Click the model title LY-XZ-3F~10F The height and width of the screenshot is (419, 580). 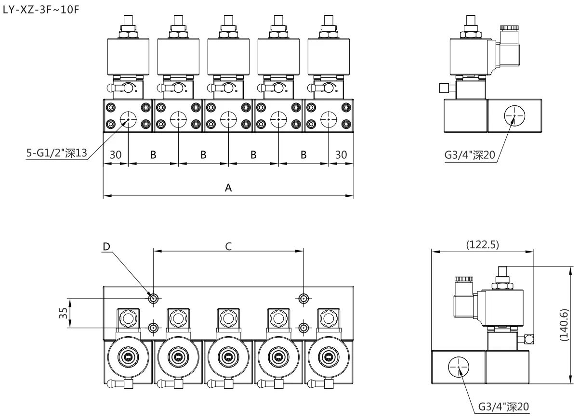point(41,10)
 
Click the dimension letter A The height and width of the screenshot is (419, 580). point(228,188)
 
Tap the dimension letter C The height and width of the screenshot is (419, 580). point(228,246)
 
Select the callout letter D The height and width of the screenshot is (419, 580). point(106,246)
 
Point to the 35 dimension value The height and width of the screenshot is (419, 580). point(64,313)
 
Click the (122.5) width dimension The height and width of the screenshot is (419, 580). point(482,245)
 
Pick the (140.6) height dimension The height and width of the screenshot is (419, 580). point(565,325)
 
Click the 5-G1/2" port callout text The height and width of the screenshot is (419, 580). point(56,153)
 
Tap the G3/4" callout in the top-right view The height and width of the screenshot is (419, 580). point(470,155)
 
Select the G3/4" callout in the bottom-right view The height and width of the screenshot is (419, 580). point(503,407)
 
